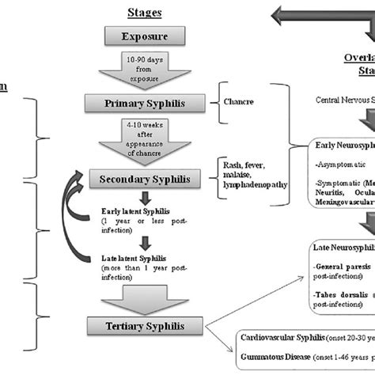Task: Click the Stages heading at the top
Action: tap(145, 13)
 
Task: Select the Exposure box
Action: tap(145, 36)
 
